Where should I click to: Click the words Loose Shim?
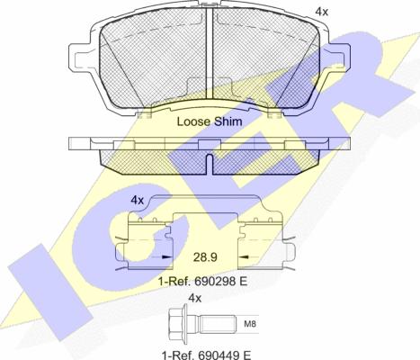tap(210, 121)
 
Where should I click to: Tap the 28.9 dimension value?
tap(205, 257)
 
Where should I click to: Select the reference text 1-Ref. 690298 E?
tap(203, 282)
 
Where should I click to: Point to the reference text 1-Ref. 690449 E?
tap(206, 355)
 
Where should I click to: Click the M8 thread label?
tap(250, 324)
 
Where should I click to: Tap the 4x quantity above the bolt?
tap(195, 298)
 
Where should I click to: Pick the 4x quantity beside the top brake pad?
tap(322, 12)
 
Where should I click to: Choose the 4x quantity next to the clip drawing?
tap(138, 200)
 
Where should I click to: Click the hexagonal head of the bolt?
tap(178, 324)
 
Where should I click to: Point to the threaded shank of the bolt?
tap(218, 324)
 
